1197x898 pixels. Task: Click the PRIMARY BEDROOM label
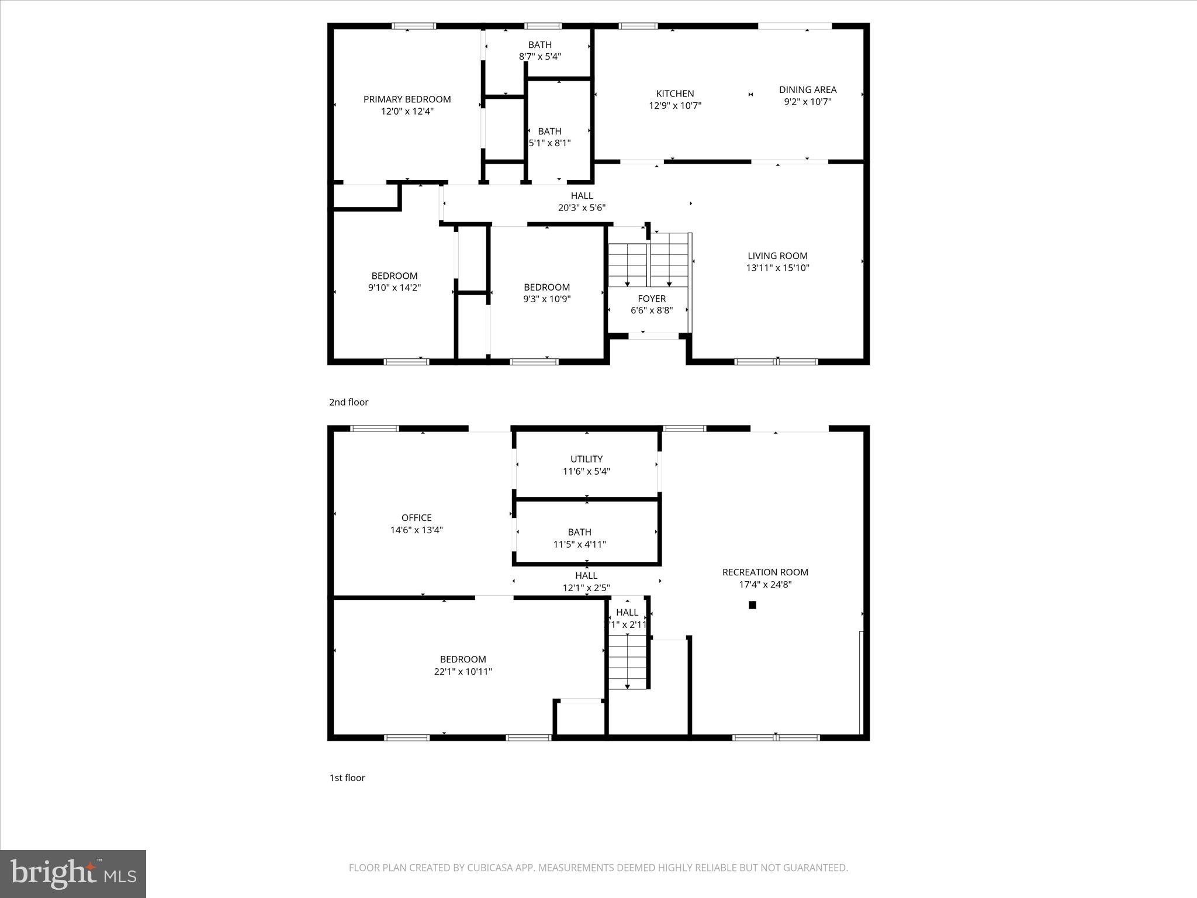pos(407,99)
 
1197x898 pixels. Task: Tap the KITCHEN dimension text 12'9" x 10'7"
pos(675,106)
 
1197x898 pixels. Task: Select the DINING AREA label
pos(807,89)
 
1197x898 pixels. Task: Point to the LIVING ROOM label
pos(777,255)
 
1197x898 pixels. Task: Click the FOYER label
pos(651,299)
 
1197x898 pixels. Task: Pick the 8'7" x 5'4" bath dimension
pos(539,57)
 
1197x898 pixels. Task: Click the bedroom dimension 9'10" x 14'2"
pos(394,288)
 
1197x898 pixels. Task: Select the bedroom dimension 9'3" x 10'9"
pos(546,299)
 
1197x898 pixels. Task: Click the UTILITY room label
pos(586,459)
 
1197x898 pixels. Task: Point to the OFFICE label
pos(416,518)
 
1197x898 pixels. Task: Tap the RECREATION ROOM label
pos(765,572)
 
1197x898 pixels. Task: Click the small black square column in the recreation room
pos(752,605)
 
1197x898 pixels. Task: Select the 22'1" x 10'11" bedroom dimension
pos(462,672)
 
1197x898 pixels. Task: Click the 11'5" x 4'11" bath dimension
pos(579,544)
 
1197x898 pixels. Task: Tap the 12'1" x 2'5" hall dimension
pos(586,588)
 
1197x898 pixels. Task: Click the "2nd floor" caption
pos(348,402)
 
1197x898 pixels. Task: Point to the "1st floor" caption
pos(347,778)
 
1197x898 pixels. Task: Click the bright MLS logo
pos(73,873)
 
